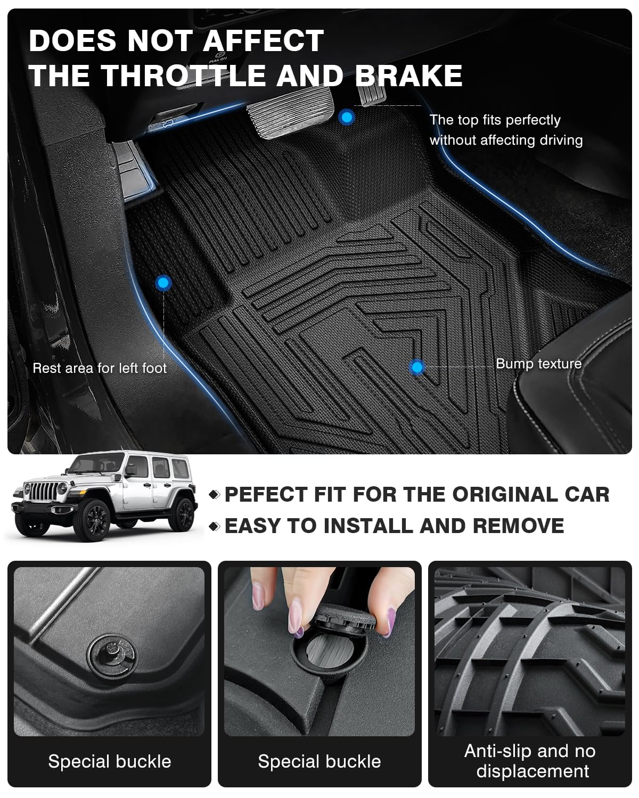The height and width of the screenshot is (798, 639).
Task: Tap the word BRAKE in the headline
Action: coord(408,75)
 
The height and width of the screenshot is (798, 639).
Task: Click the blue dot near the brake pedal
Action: coord(347,117)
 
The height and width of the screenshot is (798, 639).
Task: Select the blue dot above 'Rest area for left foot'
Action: coord(163,283)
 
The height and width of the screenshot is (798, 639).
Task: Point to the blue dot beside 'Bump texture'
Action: coord(417,367)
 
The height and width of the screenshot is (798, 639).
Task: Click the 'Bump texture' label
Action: coord(538,364)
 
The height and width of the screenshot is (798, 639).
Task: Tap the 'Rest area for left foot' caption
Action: coord(100,368)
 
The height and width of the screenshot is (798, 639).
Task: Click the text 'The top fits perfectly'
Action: coord(495,120)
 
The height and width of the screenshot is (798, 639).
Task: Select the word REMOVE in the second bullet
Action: coord(518,526)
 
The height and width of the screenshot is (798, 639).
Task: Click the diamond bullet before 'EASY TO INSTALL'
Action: coord(214,526)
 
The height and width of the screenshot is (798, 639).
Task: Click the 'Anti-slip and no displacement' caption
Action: coord(530,761)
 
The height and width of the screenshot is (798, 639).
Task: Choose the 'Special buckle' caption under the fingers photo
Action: coord(319,762)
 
